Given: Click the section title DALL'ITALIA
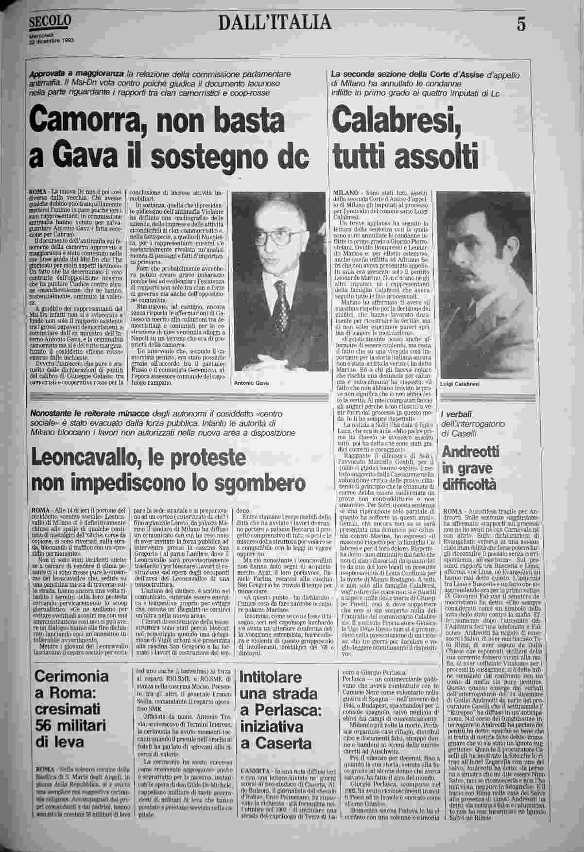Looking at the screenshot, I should [275, 22].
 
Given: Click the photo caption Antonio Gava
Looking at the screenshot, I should [251, 383].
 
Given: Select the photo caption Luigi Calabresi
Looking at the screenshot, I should [460, 384].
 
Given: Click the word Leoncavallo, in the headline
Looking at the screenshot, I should [87, 459].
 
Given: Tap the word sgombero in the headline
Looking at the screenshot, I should [262, 483].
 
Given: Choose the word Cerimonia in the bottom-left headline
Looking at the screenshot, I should [72, 676].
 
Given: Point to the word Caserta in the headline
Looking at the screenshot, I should [284, 743].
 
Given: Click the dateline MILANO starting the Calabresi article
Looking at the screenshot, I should [345, 193].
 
